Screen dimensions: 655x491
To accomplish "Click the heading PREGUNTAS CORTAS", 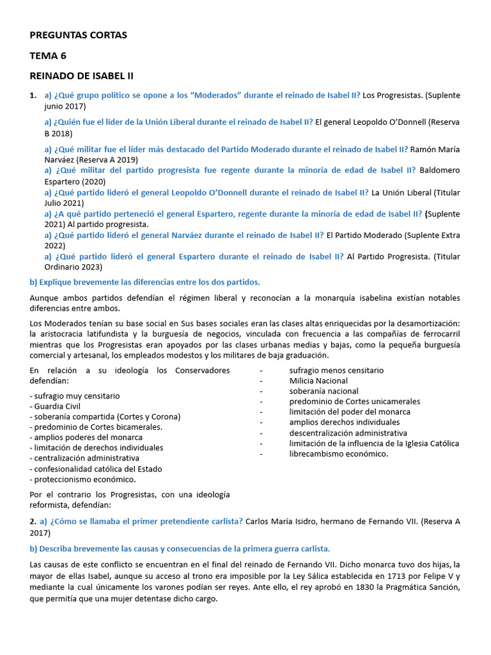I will click(x=78, y=35).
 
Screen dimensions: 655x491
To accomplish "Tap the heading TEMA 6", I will click(x=48, y=56).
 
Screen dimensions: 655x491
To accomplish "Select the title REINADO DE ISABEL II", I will click(x=82, y=75).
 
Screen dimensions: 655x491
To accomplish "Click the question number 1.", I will click(x=33, y=95).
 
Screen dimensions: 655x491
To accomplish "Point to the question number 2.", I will click(x=33, y=521).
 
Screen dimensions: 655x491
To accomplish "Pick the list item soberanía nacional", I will click(x=323, y=391).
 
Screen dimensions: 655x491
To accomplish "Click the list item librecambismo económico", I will click(x=338, y=454).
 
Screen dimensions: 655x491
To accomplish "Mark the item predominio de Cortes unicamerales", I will click(x=354, y=401).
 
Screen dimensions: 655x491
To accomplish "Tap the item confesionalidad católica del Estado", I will click(x=97, y=469).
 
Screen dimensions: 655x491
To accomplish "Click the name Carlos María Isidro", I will click(x=284, y=521).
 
